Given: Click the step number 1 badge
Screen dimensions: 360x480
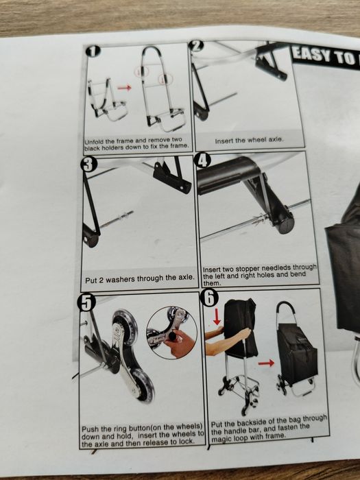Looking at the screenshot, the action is (x=93, y=51).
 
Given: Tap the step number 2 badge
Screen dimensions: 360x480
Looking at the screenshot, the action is (x=196, y=46).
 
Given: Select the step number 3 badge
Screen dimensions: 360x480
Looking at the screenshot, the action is (x=88, y=165).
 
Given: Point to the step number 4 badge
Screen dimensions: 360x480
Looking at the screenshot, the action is (x=203, y=160).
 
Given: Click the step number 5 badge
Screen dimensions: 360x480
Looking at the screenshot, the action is (x=87, y=302).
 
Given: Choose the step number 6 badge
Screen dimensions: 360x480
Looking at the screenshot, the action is (x=209, y=298).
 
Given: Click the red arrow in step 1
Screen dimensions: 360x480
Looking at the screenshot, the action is (x=124, y=88).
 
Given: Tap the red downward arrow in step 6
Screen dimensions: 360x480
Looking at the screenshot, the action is (x=217, y=317).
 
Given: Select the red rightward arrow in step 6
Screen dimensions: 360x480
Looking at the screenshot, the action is (x=266, y=363).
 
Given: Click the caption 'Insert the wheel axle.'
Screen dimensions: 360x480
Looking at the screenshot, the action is (x=249, y=140).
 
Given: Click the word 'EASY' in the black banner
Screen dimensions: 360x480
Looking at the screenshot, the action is (x=311, y=55).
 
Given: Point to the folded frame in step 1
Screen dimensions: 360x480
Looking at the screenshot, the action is (x=106, y=99).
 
